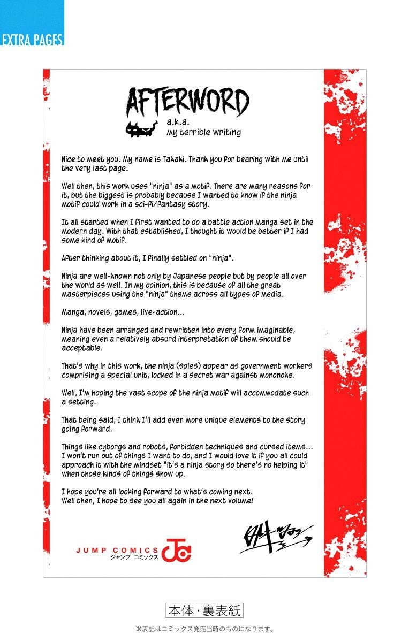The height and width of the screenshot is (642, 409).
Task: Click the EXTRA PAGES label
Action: pyautogui.click(x=32, y=40)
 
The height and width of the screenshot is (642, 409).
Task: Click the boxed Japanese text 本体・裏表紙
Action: pyautogui.click(x=205, y=610)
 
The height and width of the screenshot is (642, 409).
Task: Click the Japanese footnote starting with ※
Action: pyautogui.click(x=205, y=629)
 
